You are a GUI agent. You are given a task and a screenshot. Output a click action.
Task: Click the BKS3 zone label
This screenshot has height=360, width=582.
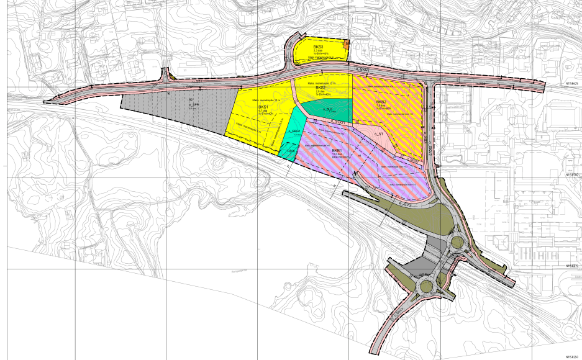pyautogui.click(x=319, y=47)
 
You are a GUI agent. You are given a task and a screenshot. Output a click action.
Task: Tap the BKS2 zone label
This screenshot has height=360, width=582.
pyautogui.click(x=321, y=88)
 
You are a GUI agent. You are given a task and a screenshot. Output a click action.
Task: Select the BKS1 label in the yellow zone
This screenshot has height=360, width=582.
pyautogui.click(x=263, y=107)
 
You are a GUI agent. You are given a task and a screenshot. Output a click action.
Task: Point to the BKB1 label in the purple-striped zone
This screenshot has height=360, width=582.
pyautogui.click(x=337, y=150)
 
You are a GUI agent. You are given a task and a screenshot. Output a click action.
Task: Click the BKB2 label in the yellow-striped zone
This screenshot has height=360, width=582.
pyautogui.click(x=381, y=102)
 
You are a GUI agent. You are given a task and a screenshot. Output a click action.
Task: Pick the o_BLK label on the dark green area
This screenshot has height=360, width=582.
pyautogui.click(x=328, y=109)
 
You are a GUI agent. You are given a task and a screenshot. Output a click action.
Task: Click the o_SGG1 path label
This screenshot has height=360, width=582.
pyautogui.click(x=336, y=120)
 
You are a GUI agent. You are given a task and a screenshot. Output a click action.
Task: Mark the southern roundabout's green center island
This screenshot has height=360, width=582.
pyautogui.click(x=426, y=286)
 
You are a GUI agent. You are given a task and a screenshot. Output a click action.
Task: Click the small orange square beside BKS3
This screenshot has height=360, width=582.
pyautogui.click(x=347, y=42)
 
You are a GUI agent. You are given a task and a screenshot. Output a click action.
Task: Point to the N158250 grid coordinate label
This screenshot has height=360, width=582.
pyautogui.click(x=571, y=357)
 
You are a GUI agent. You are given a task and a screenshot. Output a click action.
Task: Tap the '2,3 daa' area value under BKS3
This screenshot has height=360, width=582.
pyautogui.click(x=319, y=52)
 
